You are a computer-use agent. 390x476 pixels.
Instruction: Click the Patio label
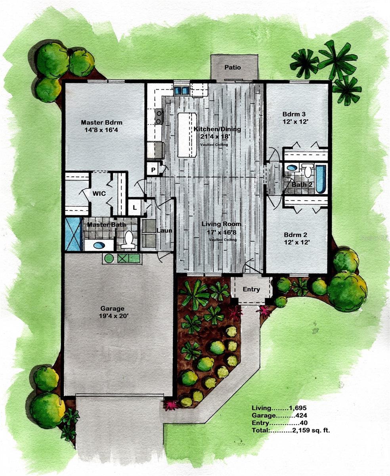tap(233, 67)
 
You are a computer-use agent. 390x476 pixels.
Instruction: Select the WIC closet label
tap(99, 194)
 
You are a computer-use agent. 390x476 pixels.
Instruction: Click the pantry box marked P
tap(153, 170)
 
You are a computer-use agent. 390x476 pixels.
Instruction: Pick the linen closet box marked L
tap(135, 207)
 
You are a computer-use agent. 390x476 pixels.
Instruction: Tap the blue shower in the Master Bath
tap(74, 234)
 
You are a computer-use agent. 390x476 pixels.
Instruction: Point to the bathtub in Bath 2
tap(320, 179)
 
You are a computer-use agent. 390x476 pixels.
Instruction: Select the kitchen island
tap(187, 134)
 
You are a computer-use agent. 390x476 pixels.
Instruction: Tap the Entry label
tap(251, 289)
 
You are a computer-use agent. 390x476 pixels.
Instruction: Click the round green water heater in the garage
tap(109, 259)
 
